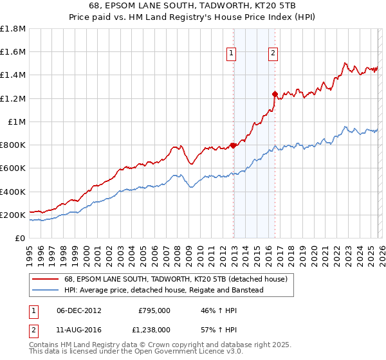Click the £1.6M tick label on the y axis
point(13,51)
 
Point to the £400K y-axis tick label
point(13,192)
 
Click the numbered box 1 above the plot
point(231,53)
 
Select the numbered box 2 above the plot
point(273,53)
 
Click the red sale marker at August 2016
point(275,94)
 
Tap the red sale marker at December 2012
point(233,145)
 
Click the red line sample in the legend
point(45,279)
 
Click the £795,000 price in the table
point(154,310)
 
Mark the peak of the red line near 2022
point(345,63)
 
